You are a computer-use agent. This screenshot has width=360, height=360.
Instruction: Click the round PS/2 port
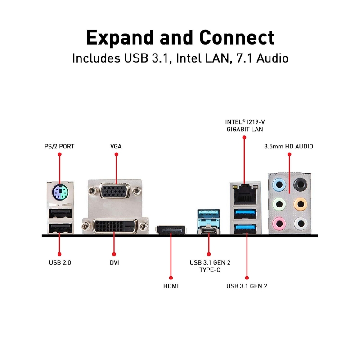coord(59,194)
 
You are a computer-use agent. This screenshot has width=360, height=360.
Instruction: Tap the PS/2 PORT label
coord(59,146)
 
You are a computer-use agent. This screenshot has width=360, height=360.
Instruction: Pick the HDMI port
coord(171,230)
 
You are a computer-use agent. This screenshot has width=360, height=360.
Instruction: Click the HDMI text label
coord(171,286)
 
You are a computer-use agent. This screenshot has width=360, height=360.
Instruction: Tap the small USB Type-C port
coord(208,230)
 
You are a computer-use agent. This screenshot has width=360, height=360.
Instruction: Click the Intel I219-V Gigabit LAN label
coord(244,126)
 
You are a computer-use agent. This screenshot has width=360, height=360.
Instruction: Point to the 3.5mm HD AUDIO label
coord(288,146)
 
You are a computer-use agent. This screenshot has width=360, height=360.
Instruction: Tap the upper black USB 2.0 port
coord(59,213)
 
